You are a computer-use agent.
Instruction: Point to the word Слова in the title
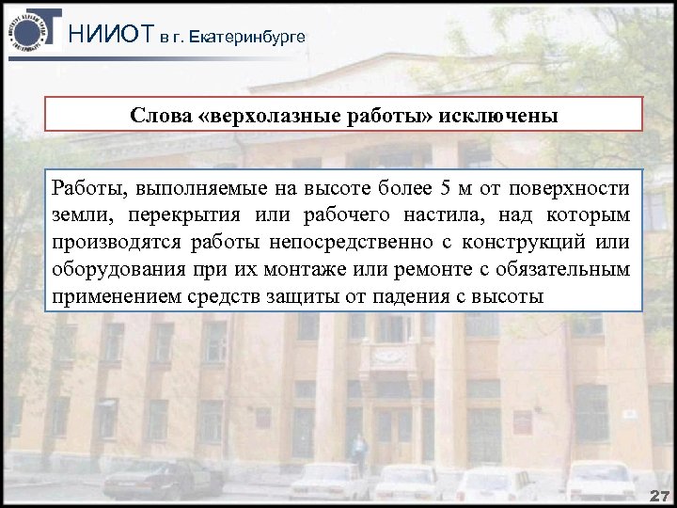[x=152, y=117]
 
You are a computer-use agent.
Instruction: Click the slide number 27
[x=659, y=496]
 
